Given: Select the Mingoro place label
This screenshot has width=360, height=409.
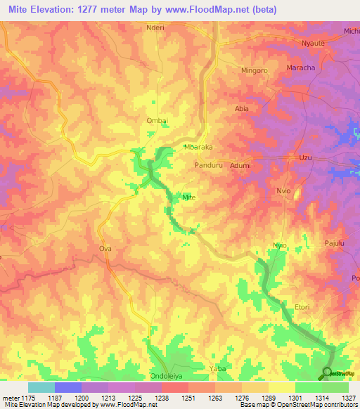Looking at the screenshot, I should pos(255,71).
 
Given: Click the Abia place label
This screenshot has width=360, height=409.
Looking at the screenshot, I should pos(242,109).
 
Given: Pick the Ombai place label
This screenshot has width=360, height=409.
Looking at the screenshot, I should pos(156,121).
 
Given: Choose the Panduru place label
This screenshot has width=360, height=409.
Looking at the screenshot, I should pos(208,165).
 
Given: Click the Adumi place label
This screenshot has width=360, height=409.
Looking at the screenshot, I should pos(240,165).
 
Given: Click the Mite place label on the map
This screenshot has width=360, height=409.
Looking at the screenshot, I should pos(188,197).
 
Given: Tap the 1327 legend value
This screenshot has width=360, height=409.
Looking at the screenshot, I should pos(348,398).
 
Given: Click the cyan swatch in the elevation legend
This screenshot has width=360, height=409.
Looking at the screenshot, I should pos(41,387).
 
